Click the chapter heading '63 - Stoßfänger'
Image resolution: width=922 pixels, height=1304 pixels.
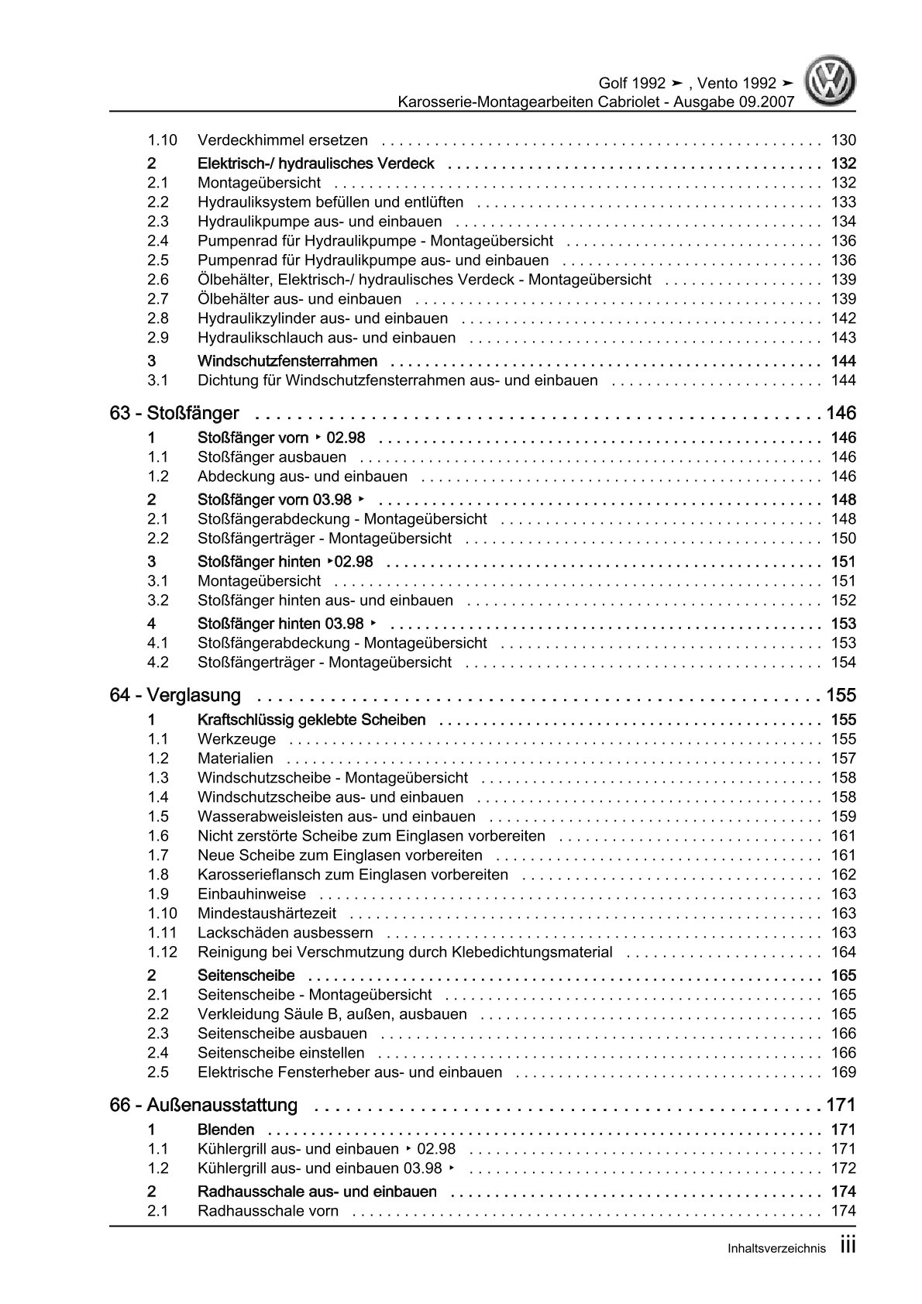174,413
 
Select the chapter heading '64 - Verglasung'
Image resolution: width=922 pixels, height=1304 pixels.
175,695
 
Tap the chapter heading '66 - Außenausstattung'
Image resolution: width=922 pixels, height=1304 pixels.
204,1105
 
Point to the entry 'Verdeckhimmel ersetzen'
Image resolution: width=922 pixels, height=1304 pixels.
283,140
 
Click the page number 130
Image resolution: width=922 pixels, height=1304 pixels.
843,140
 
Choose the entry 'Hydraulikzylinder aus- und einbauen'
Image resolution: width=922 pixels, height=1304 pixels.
322,318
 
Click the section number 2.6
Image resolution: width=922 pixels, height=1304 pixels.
158,280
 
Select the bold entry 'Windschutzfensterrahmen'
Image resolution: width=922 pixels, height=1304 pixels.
287,361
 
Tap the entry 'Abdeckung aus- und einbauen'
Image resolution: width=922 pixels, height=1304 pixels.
302,477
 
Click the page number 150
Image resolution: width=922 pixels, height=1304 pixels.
843,538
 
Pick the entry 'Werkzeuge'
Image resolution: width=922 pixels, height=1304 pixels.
236,739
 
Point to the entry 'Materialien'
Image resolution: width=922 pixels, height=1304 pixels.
236,759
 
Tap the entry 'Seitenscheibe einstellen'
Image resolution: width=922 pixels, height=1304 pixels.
281,1053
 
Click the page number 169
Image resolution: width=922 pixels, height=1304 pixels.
843,1072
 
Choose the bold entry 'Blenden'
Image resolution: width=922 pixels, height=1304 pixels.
226,1130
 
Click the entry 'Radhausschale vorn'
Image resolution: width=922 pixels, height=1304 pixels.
268,1211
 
